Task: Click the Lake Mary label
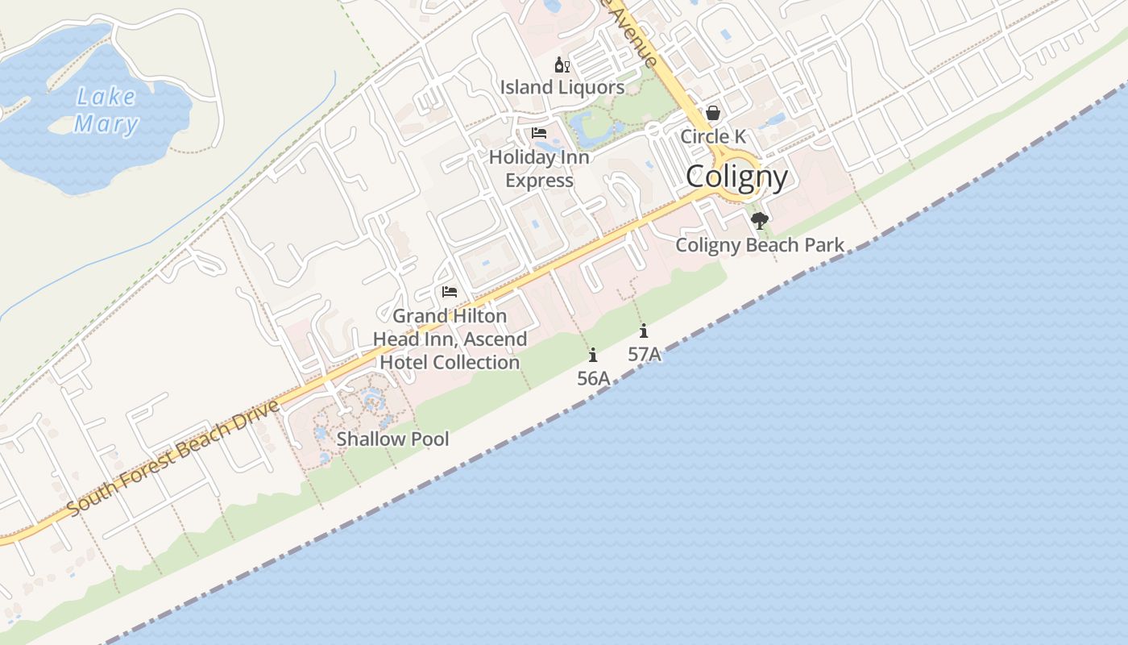pos(106,110)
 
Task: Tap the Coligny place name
pos(736,177)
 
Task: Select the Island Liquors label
pos(562,87)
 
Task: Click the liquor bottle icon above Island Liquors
pos(562,65)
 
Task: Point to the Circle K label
pos(713,136)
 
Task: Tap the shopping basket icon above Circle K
pos(713,114)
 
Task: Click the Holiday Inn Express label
pos(539,169)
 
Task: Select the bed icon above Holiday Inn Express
pos(539,133)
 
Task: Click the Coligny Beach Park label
pos(760,245)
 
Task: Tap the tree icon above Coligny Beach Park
pos(759,220)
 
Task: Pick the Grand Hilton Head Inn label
pos(450,339)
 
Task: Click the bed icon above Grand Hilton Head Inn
pos(450,292)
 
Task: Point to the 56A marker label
pos(593,377)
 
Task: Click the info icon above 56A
pos(593,355)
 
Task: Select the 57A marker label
pos(644,354)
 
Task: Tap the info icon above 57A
pos(643,331)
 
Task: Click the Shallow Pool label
pos(392,439)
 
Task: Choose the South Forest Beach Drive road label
pos(172,458)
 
